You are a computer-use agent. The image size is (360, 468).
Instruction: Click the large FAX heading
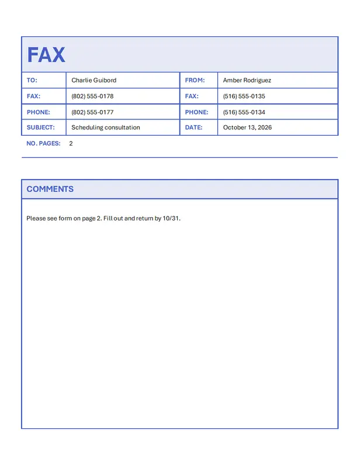point(46,55)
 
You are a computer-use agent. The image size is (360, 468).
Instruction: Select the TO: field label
point(32,80)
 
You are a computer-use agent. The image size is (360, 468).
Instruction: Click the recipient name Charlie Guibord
point(94,80)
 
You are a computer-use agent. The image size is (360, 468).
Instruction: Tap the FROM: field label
point(195,80)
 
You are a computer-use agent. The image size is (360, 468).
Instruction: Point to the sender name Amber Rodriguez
point(247,80)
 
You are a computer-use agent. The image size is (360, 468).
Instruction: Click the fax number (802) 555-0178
point(92,96)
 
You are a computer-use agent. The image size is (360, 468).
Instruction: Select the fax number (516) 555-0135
point(244,96)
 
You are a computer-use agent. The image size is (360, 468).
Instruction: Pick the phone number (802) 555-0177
point(92,112)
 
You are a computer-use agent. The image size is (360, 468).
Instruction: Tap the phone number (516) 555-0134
point(244,112)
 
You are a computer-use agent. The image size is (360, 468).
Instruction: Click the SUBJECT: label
point(40,127)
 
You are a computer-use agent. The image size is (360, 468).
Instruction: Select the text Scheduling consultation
point(106,127)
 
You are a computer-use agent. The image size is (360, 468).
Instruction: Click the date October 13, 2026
point(247,127)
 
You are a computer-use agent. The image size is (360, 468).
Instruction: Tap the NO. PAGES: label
point(43,143)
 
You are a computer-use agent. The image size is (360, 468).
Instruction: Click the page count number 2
point(71,143)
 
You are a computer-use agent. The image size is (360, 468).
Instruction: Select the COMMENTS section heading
point(50,189)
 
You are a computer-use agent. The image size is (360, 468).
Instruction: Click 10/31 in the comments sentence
point(172,218)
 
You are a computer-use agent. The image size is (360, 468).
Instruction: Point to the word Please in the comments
point(36,218)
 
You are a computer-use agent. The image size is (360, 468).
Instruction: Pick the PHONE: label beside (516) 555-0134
point(196,112)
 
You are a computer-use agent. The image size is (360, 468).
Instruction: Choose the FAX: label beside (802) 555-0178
point(33,96)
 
